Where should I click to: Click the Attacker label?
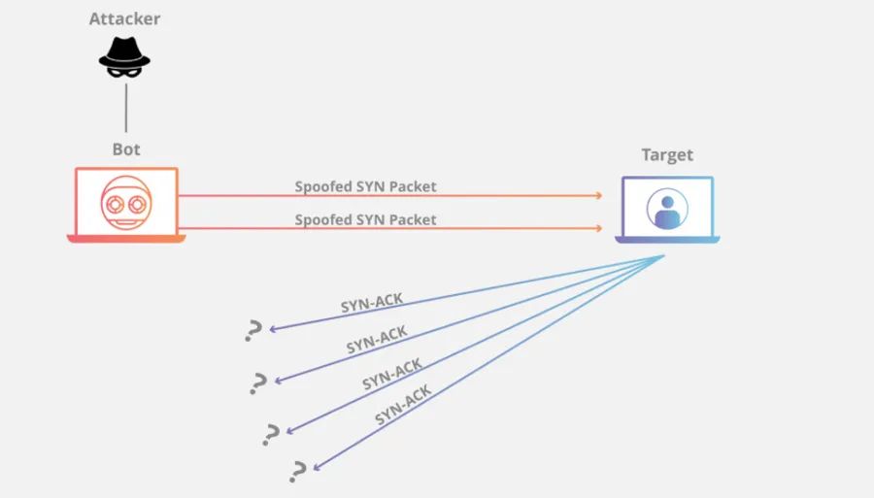tap(124, 18)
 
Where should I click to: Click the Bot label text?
tap(125, 149)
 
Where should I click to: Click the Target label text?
tap(667, 155)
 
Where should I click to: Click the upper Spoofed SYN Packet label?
tap(365, 186)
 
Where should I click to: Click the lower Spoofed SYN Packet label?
tap(365, 220)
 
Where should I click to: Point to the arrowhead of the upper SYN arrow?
tap(599, 196)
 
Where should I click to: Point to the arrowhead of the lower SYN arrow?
tap(599, 229)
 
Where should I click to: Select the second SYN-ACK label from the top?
tap(377, 340)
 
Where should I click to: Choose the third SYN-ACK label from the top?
tap(392, 374)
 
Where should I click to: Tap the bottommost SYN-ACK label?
tap(403, 406)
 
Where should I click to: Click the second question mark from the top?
tap(258, 382)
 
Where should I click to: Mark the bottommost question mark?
tap(298, 472)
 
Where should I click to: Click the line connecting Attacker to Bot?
tap(125, 107)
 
